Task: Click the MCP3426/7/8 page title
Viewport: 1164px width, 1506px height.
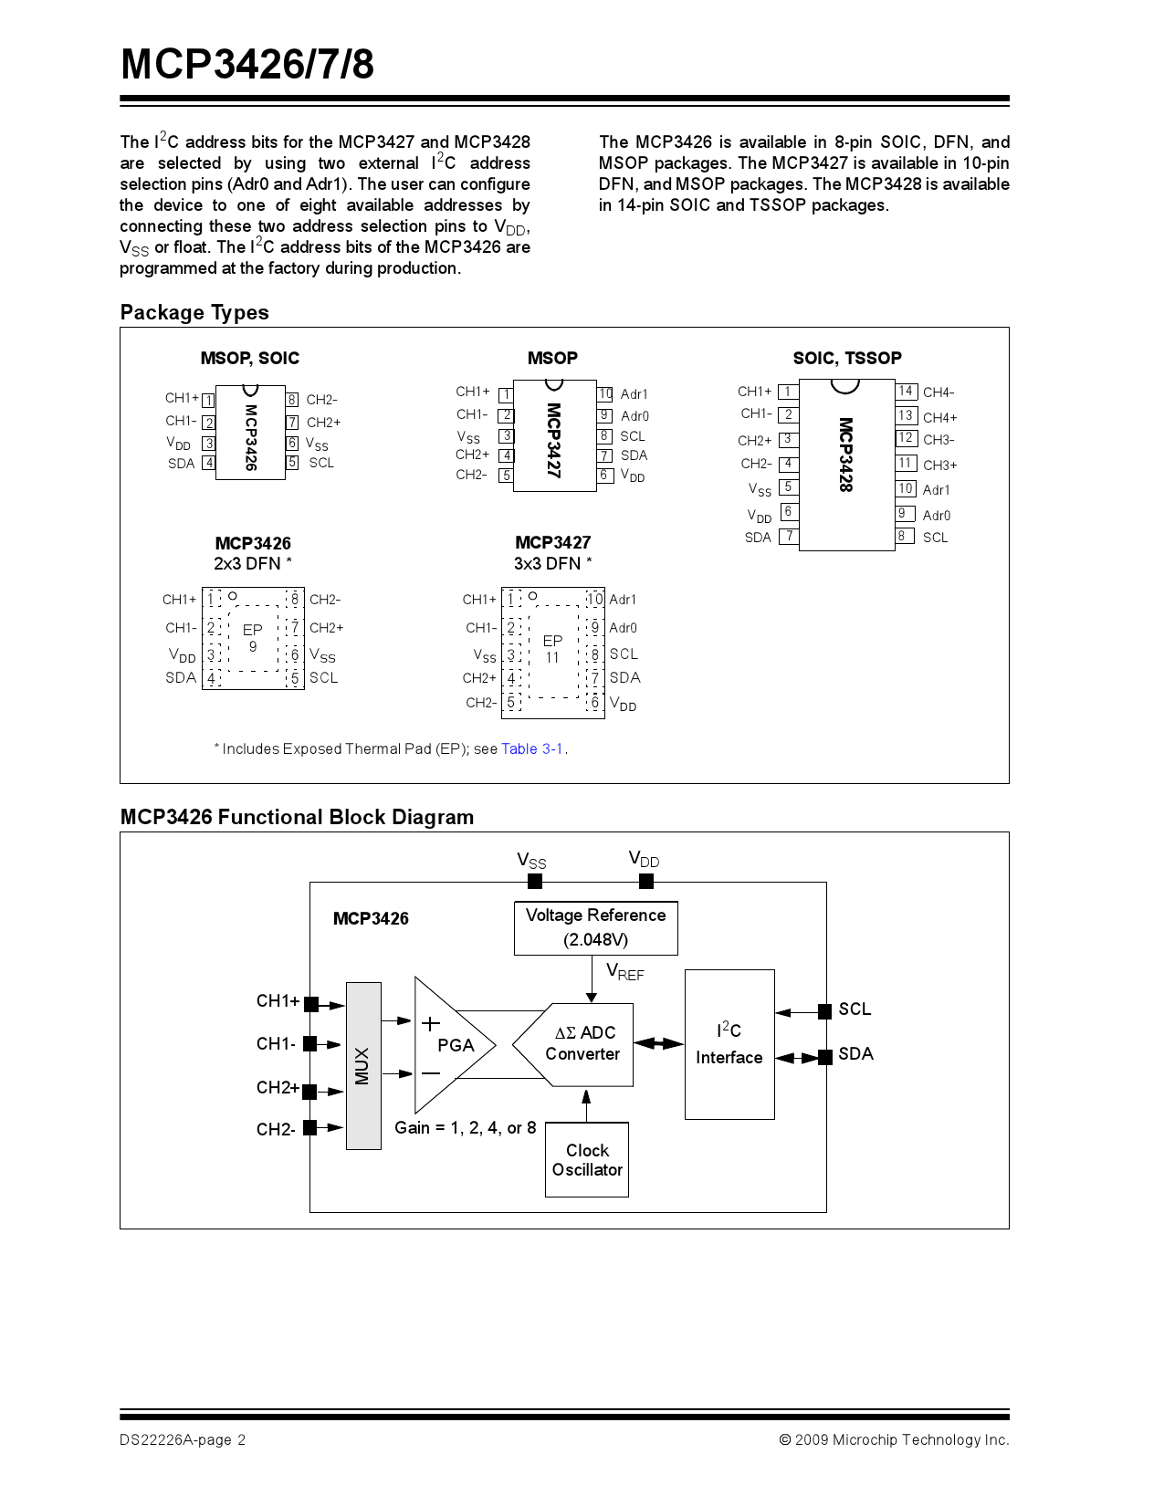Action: [247, 65]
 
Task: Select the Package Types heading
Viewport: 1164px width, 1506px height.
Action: [194, 312]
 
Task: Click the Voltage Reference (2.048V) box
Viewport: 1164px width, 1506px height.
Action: [595, 927]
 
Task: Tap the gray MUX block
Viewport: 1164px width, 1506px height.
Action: [363, 1065]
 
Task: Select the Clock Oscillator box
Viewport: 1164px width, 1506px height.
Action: [587, 1159]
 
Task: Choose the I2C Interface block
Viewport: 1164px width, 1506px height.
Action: [729, 1044]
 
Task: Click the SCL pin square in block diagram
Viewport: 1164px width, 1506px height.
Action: [824, 1010]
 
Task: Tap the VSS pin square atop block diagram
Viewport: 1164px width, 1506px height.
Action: [535, 881]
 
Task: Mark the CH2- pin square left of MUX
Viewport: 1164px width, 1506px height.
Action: [310, 1127]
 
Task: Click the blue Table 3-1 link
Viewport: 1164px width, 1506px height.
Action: [532, 748]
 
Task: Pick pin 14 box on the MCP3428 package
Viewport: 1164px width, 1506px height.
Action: [906, 392]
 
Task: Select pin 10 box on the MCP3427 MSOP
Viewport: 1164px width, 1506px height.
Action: [604, 394]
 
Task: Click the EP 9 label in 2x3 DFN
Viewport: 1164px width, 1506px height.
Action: [253, 638]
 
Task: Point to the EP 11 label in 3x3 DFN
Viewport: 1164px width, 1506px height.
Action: [552, 649]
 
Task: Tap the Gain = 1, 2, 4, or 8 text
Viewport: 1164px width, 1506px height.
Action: [465, 1128]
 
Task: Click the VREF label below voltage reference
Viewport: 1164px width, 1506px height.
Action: [625, 973]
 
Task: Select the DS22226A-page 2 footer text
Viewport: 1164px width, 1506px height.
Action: [183, 1439]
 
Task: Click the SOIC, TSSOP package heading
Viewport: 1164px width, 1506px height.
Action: [846, 358]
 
